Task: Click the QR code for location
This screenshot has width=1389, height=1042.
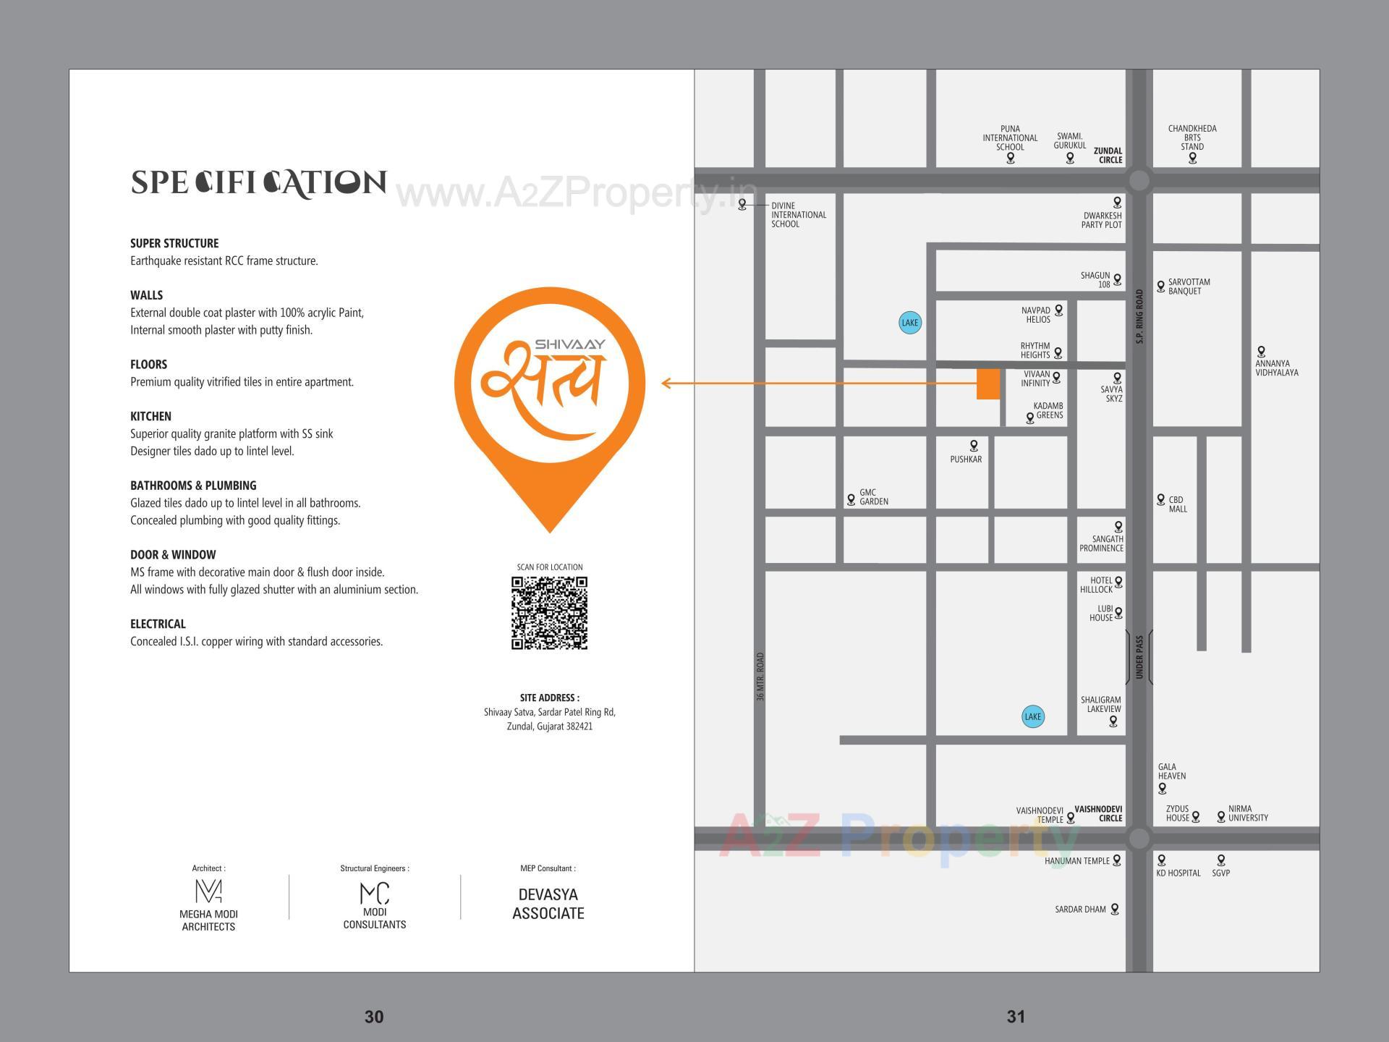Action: [549, 613]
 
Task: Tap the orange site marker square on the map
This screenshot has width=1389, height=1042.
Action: [988, 384]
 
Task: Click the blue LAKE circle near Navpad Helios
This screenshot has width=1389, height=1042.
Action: [910, 323]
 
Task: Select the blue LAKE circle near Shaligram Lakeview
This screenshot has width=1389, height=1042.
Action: [1033, 716]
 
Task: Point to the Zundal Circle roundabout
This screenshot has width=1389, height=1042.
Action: [1139, 181]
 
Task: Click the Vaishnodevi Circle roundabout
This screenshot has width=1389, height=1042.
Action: [1139, 839]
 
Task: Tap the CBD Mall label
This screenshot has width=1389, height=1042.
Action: [1178, 504]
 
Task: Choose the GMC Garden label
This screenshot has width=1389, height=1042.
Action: [873, 497]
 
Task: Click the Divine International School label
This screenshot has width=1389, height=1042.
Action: [798, 215]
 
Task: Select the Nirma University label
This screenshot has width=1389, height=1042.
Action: [1248, 813]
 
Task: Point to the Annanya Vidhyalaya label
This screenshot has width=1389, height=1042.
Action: [1276, 368]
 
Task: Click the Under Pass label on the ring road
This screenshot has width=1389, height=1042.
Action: [1139, 657]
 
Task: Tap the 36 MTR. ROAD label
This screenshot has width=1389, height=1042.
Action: [760, 677]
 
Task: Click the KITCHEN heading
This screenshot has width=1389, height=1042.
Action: [150, 416]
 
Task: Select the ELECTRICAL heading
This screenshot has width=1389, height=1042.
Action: [158, 624]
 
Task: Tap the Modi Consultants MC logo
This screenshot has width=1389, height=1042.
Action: [375, 894]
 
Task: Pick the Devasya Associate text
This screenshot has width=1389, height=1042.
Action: [548, 904]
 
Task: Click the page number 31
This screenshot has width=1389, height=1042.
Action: [1016, 1017]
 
